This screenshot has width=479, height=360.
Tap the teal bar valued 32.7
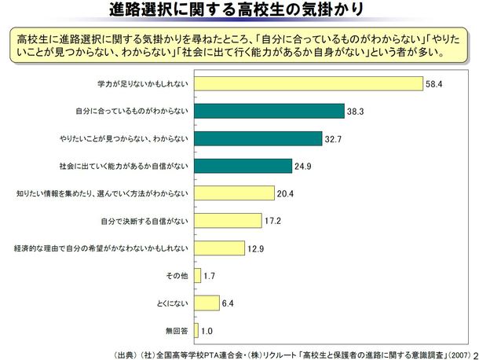[257, 138]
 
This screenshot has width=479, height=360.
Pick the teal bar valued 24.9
[241, 166]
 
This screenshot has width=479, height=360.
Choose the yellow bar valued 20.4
[232, 193]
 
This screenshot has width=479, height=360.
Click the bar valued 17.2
[226, 221]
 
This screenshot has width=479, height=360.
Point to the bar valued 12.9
[218, 248]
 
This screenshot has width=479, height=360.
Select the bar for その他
[196, 276]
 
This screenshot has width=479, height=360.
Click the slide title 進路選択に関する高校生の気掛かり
[239, 11]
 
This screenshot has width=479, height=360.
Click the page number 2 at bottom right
[474, 354]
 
